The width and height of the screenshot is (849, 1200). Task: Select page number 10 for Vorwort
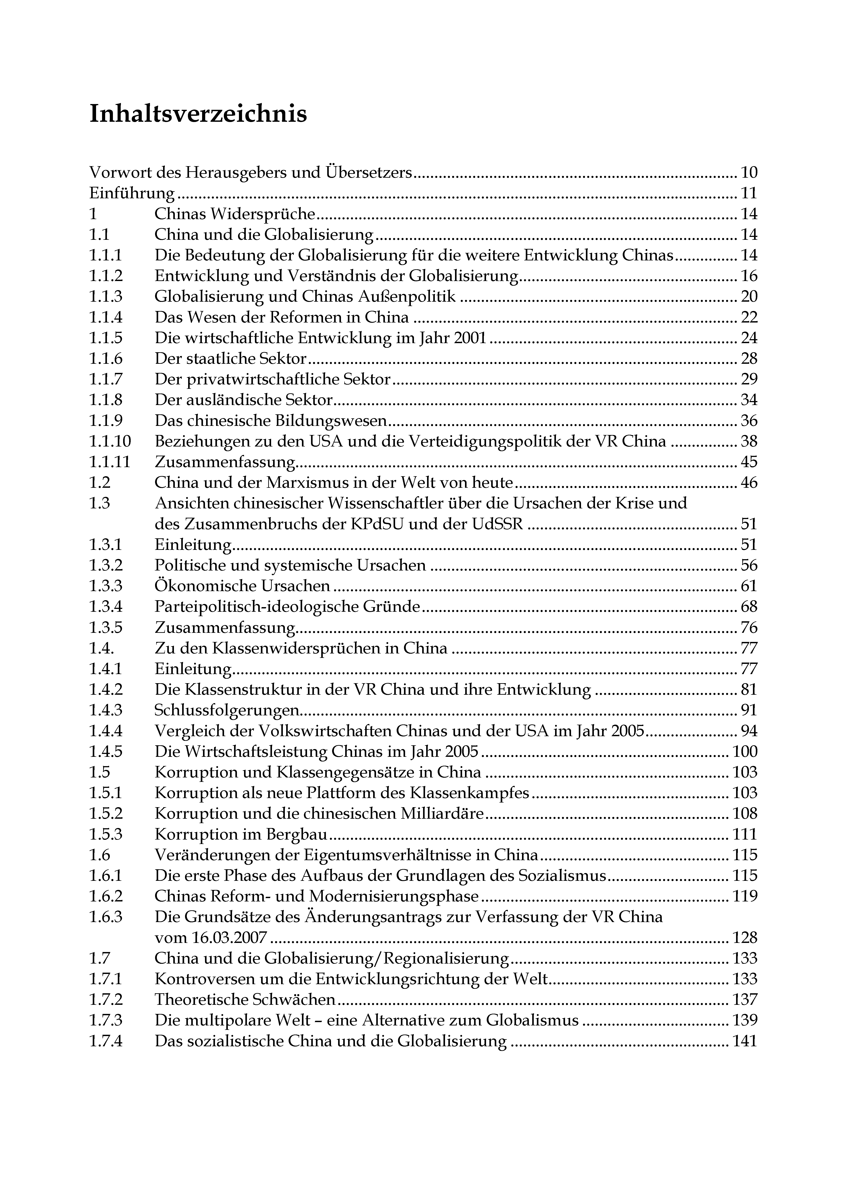[749, 173]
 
